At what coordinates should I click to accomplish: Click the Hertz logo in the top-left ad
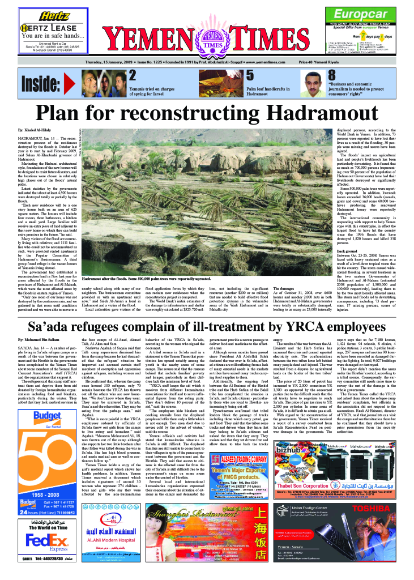pyautogui.click(x=41, y=16)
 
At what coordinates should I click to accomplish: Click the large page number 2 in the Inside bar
pyautogui.click(x=132, y=75)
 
